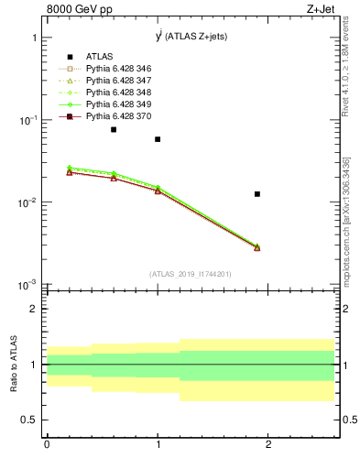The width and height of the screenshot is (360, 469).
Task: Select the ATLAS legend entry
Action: click(x=101, y=55)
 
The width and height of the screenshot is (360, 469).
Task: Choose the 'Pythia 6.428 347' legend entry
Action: click(x=120, y=81)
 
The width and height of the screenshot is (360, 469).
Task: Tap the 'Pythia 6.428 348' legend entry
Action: click(x=120, y=93)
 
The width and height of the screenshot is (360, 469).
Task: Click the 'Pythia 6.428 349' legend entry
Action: click(x=120, y=105)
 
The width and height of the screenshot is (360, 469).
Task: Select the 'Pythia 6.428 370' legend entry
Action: click(x=120, y=117)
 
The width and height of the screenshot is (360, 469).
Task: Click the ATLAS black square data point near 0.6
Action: click(x=114, y=129)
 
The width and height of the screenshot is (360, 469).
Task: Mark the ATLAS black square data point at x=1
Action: click(x=158, y=139)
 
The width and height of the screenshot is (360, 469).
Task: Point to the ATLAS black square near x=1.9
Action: click(x=257, y=194)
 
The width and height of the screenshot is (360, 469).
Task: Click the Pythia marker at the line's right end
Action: click(x=257, y=247)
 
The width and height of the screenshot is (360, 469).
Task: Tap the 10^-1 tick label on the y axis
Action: click(x=29, y=121)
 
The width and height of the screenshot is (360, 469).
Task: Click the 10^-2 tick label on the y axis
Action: click(x=29, y=203)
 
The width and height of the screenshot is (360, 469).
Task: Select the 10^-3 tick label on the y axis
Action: click(x=29, y=285)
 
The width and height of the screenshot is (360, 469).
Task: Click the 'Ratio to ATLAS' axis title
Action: click(x=14, y=364)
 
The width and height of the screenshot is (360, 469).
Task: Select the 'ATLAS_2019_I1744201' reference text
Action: click(x=191, y=274)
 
